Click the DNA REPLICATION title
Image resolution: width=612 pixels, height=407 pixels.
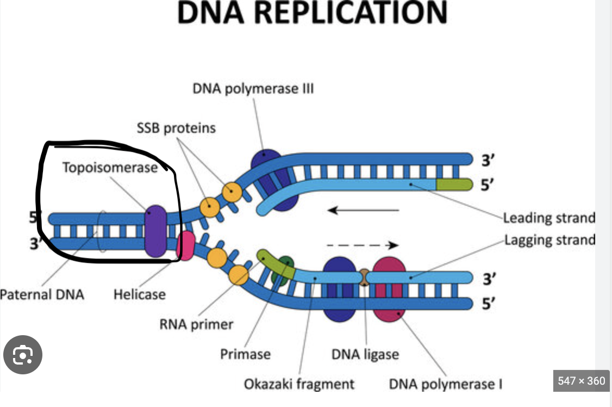313,13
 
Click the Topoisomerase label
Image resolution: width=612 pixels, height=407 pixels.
109,167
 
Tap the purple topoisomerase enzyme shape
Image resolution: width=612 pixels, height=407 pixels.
156,231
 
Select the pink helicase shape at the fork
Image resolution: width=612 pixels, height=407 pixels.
186,245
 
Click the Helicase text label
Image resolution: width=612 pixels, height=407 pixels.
139,294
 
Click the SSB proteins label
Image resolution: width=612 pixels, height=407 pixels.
176,128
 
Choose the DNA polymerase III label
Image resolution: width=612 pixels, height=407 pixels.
253,88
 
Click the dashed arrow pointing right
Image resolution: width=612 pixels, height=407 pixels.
362,245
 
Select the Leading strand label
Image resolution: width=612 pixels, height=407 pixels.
549,218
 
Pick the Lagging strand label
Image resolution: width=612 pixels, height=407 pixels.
549,239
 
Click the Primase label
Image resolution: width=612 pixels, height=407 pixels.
245,354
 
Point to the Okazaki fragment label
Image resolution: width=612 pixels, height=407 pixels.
299,384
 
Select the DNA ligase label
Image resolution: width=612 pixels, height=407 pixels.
365,354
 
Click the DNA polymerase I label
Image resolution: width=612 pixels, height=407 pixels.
445,384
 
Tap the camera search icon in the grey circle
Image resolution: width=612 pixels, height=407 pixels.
23,355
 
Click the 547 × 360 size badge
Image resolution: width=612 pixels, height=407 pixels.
581,381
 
